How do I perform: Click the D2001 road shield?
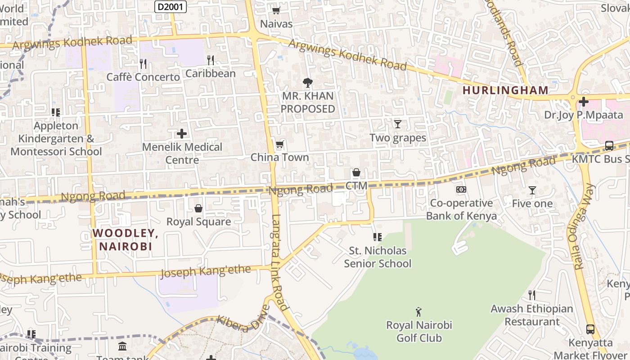pyautogui.click(x=171, y=6)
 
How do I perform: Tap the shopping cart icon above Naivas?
pyautogui.click(x=276, y=10)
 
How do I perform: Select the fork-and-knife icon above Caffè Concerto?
pyautogui.click(x=143, y=63)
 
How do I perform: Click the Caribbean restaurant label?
pyautogui.click(x=210, y=73)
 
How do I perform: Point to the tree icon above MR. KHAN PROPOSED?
pyautogui.click(x=308, y=82)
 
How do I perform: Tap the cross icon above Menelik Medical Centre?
pyautogui.click(x=182, y=134)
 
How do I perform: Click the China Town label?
pyautogui.click(x=279, y=157)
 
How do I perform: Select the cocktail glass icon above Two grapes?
pyautogui.click(x=397, y=124)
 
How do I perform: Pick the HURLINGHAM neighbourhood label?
pyautogui.click(x=505, y=90)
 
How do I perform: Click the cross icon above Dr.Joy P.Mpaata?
pyautogui.click(x=584, y=102)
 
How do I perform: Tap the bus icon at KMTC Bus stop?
pyautogui.click(x=609, y=146)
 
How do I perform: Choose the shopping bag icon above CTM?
pyautogui.click(x=356, y=172)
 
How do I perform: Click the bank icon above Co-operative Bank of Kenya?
pyautogui.click(x=461, y=189)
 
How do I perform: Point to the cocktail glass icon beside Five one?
pyautogui.click(x=532, y=190)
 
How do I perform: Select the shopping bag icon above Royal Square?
pyautogui.click(x=198, y=208)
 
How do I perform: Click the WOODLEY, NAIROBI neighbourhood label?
pyautogui.click(x=125, y=239)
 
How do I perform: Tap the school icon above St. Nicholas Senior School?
pyautogui.click(x=377, y=237)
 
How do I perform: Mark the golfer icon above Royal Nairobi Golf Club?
pyautogui.click(x=418, y=311)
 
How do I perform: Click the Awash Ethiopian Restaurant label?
pyautogui.click(x=531, y=315)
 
